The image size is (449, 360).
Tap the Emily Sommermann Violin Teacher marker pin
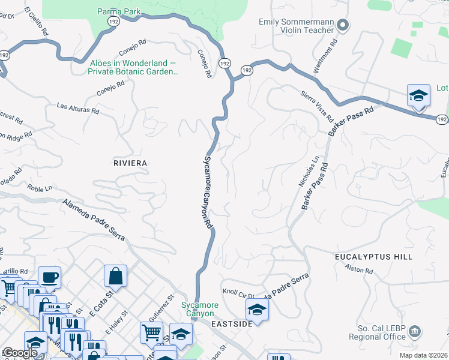(343, 26)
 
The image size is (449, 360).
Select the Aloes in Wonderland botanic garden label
(133, 67)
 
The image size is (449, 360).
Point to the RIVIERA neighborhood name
(130, 163)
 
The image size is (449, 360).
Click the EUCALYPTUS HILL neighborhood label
(374, 256)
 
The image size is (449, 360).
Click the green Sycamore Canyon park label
(200, 309)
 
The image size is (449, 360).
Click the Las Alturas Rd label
(77, 109)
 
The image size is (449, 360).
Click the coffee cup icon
(49, 277)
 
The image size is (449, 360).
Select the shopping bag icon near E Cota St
(115, 275)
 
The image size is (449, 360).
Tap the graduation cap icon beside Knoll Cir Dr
(257, 310)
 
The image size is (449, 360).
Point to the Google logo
(20, 353)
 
